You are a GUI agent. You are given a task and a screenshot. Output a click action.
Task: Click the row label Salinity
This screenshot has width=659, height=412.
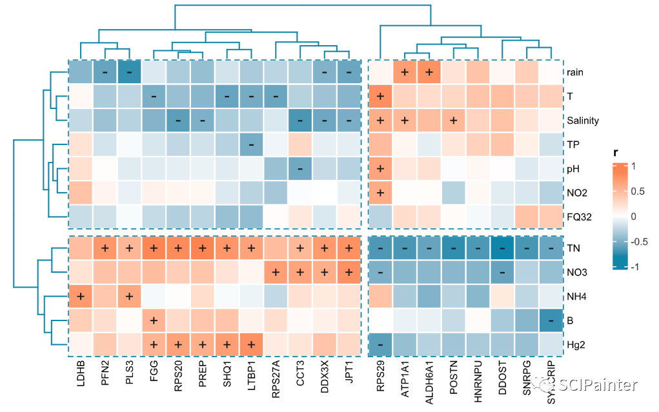[x=583, y=120]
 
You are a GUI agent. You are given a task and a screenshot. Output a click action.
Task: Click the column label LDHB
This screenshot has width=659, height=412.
[x=81, y=377]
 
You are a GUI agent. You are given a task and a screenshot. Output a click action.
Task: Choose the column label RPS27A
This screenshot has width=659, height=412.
[x=276, y=380]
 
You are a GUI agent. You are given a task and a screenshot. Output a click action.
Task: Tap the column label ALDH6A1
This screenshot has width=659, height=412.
[x=427, y=383]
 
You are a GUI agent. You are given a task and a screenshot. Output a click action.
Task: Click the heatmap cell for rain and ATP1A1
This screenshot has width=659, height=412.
[x=405, y=72]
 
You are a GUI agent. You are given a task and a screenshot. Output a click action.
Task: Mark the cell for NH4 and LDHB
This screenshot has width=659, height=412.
[x=81, y=297]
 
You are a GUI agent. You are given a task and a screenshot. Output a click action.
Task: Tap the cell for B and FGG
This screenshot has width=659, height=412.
[x=154, y=320]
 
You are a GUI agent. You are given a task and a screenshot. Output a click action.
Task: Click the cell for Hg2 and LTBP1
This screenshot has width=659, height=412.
[x=252, y=345]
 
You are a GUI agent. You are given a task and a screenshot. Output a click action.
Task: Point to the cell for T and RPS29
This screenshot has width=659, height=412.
[x=380, y=96]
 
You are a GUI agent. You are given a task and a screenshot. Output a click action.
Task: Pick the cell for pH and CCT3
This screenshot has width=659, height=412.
[x=300, y=168]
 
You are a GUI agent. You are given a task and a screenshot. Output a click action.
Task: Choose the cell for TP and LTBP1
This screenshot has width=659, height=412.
[x=252, y=144]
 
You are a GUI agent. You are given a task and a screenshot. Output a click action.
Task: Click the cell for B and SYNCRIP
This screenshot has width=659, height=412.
[x=551, y=320]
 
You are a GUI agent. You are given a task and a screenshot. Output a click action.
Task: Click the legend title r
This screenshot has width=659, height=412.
[x=616, y=153]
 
